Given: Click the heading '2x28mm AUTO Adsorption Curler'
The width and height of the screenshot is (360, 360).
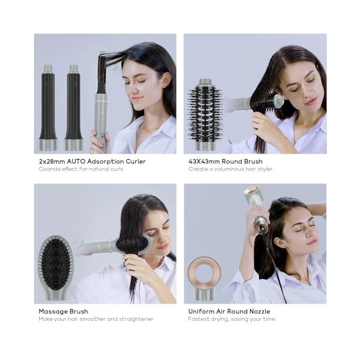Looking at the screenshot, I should click(x=92, y=161).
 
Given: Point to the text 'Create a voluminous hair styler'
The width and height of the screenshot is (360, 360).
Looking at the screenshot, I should click(x=230, y=169).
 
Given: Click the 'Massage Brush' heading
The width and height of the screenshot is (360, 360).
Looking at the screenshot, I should click(x=63, y=311).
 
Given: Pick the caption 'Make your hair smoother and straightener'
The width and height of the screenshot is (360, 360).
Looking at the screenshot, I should click(x=96, y=319).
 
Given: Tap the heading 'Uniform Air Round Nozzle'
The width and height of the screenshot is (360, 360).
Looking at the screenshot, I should click(x=229, y=311).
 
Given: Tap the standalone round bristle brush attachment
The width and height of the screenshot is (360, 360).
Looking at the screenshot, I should click(x=205, y=114).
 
